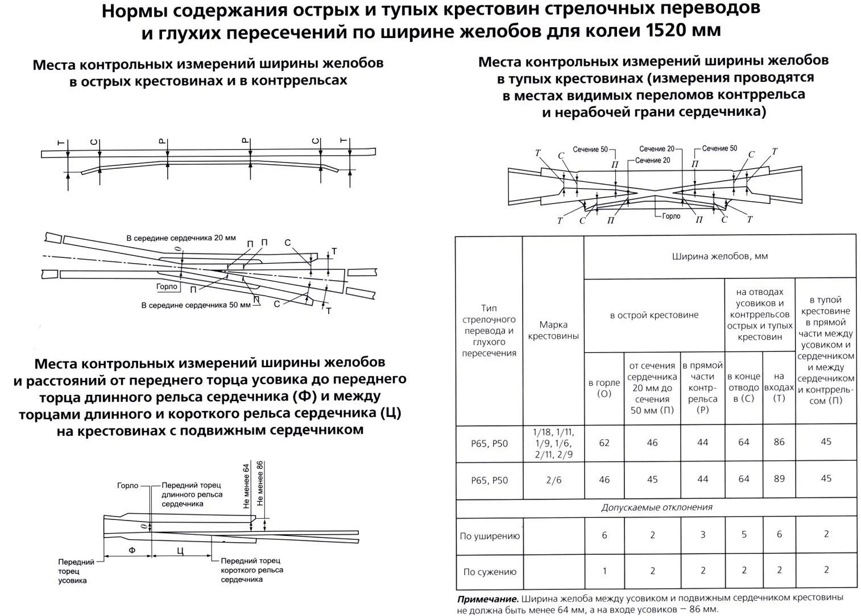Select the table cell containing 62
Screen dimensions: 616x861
pyautogui.click(x=604, y=443)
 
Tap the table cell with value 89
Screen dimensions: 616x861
pyautogui.click(x=779, y=479)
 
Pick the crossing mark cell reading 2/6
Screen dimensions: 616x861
pyautogui.click(x=553, y=480)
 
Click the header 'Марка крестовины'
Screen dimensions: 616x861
pyautogui.click(x=553, y=330)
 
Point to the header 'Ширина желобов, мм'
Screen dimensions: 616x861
pyautogui.click(x=719, y=256)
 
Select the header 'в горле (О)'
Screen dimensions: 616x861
pyautogui.click(x=604, y=388)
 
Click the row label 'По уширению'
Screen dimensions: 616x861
pyautogui.click(x=490, y=536)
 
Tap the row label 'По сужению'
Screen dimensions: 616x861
pyautogui.click(x=490, y=572)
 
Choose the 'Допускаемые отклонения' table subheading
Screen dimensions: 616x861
pyautogui.click(x=656, y=507)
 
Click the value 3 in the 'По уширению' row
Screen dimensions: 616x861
pyautogui.click(x=703, y=535)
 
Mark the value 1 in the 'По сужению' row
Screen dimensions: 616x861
pyautogui.click(x=604, y=571)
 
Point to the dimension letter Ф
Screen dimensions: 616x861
pyautogui.click(x=132, y=551)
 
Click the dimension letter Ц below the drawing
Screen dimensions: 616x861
pyautogui.click(x=180, y=551)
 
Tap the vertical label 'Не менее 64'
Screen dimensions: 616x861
pyautogui.click(x=246, y=486)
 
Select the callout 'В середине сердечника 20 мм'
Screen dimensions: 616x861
pyautogui.click(x=181, y=238)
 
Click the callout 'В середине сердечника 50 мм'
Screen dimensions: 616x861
pyautogui.click(x=196, y=305)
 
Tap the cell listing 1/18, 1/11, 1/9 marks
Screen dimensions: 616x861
pyautogui.click(x=553, y=443)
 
